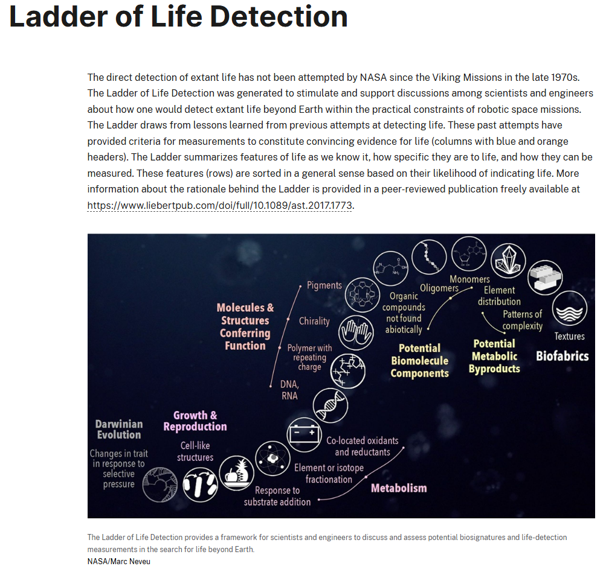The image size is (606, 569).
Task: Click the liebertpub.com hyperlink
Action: click(220, 205)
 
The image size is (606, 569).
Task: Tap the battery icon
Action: click(303, 433)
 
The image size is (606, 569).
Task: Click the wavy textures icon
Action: click(569, 308)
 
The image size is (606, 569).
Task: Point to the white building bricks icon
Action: click(545, 278)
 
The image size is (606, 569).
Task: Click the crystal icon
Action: click(508, 261)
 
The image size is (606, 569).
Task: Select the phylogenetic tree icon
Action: click(160, 484)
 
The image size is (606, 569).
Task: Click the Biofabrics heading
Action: click(562, 356)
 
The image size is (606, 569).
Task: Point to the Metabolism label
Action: click(399, 488)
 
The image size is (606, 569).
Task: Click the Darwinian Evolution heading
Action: click(118, 429)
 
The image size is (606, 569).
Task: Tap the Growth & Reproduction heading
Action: click(195, 421)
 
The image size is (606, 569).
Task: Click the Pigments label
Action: click(324, 285)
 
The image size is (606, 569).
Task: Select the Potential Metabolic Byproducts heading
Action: click(494, 356)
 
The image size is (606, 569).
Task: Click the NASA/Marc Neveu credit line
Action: click(118, 561)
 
